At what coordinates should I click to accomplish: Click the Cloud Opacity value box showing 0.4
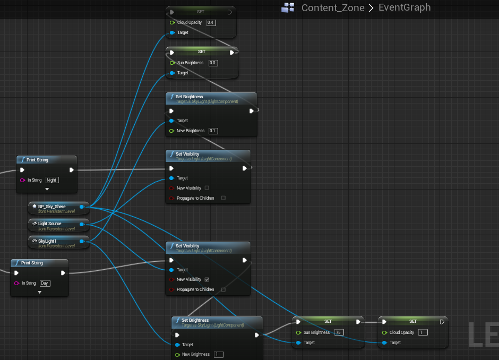coord(211,23)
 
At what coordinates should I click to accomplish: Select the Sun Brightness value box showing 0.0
coord(213,63)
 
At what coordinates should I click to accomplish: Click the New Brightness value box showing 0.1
coord(213,131)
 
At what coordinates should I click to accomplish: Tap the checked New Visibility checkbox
coord(207,279)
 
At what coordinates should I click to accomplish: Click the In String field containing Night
coord(52,180)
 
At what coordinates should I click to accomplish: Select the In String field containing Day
coord(45,284)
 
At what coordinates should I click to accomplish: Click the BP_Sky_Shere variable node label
coord(52,207)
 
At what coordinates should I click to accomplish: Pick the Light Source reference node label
coord(50,224)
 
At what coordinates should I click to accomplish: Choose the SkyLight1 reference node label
coord(47,241)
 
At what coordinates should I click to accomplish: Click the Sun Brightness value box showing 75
coord(339,332)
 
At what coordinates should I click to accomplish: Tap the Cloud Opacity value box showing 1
coord(423,332)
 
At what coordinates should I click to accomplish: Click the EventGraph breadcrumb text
coord(405,7)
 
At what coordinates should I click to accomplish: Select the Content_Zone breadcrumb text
coord(333,7)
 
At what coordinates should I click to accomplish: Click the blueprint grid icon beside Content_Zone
coord(288,7)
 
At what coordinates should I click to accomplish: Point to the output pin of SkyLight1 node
coord(82,242)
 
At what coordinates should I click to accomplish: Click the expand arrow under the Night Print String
coord(47,190)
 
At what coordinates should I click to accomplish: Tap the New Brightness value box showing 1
coord(219,355)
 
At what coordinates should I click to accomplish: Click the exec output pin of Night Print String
coord(72,170)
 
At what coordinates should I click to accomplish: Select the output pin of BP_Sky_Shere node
coord(82,207)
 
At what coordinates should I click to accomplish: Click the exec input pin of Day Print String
coord(16,273)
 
